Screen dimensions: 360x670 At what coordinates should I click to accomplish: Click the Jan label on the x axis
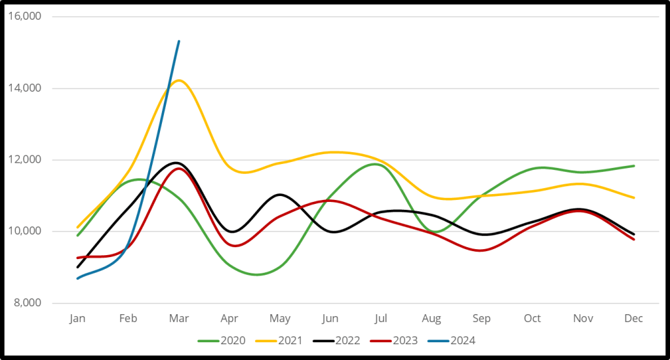pyautogui.click(x=77, y=319)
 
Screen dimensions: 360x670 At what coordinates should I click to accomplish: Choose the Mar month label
pyautogui.click(x=179, y=319)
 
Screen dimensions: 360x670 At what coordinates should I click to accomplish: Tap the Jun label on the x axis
pyautogui.click(x=330, y=319)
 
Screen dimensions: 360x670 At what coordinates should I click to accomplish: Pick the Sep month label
pyautogui.click(x=482, y=319)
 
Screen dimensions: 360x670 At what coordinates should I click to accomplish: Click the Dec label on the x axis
pyautogui.click(x=633, y=319)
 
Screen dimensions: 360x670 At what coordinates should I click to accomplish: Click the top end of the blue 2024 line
pyautogui.click(x=179, y=41)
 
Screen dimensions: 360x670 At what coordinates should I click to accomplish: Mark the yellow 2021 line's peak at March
pyautogui.click(x=178, y=81)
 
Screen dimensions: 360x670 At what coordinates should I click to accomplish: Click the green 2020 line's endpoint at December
pyautogui.click(x=634, y=166)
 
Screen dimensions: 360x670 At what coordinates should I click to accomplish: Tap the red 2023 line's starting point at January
pyautogui.click(x=77, y=258)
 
